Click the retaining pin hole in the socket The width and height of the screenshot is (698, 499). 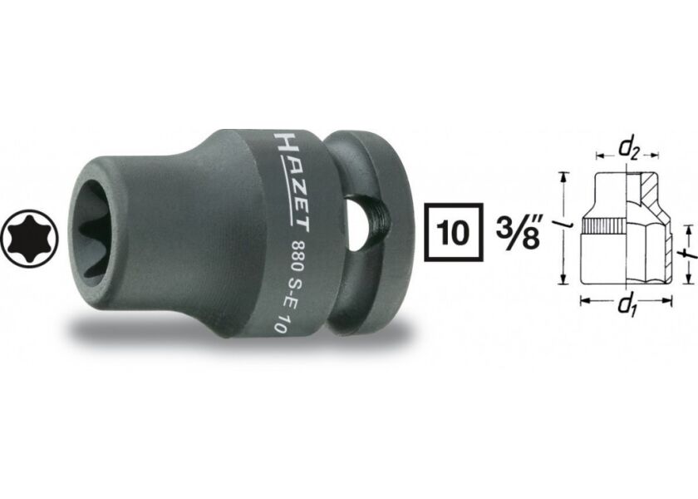[x=360, y=224]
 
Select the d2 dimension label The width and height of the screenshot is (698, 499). [x=627, y=149]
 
